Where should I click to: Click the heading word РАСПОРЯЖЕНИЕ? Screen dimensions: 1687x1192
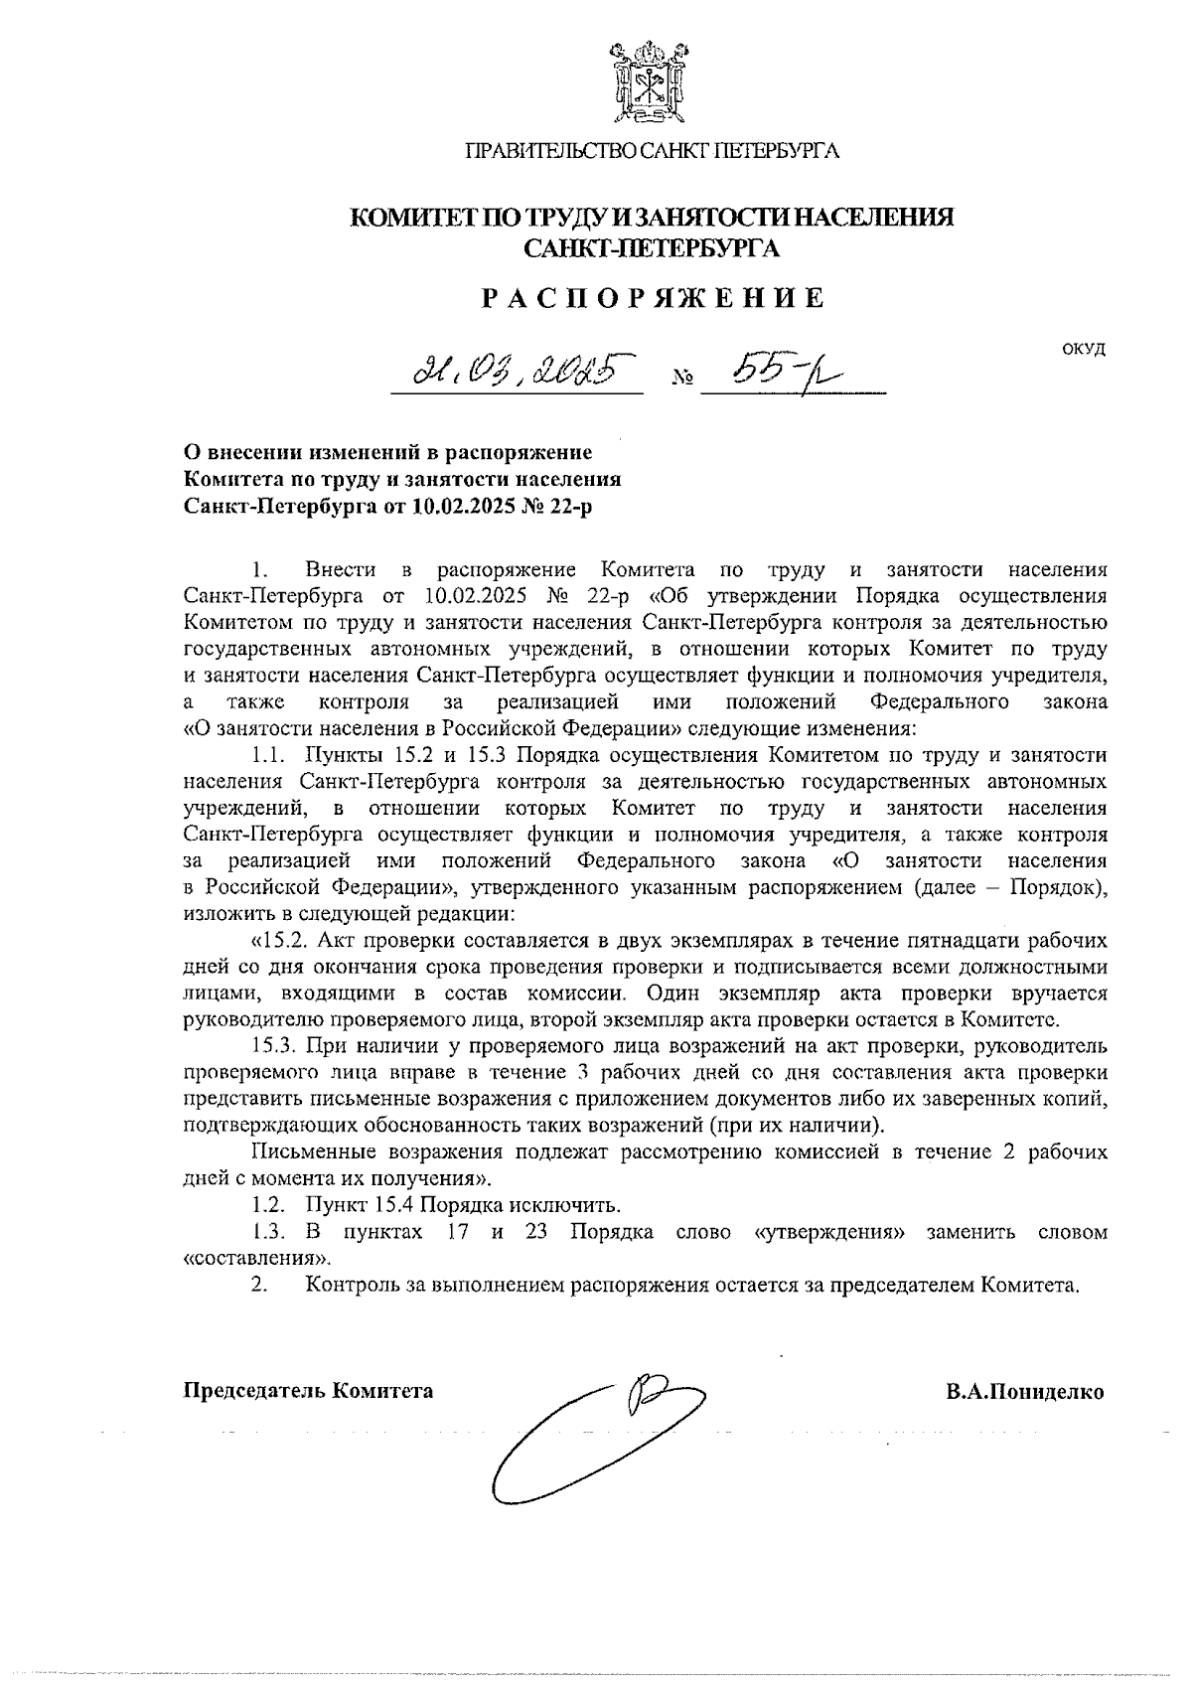[654, 298]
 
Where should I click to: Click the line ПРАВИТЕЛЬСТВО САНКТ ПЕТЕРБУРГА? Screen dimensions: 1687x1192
[653, 151]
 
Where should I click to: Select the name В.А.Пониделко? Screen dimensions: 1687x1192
[1024, 1391]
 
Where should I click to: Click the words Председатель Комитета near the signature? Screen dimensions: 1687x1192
[308, 1391]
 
